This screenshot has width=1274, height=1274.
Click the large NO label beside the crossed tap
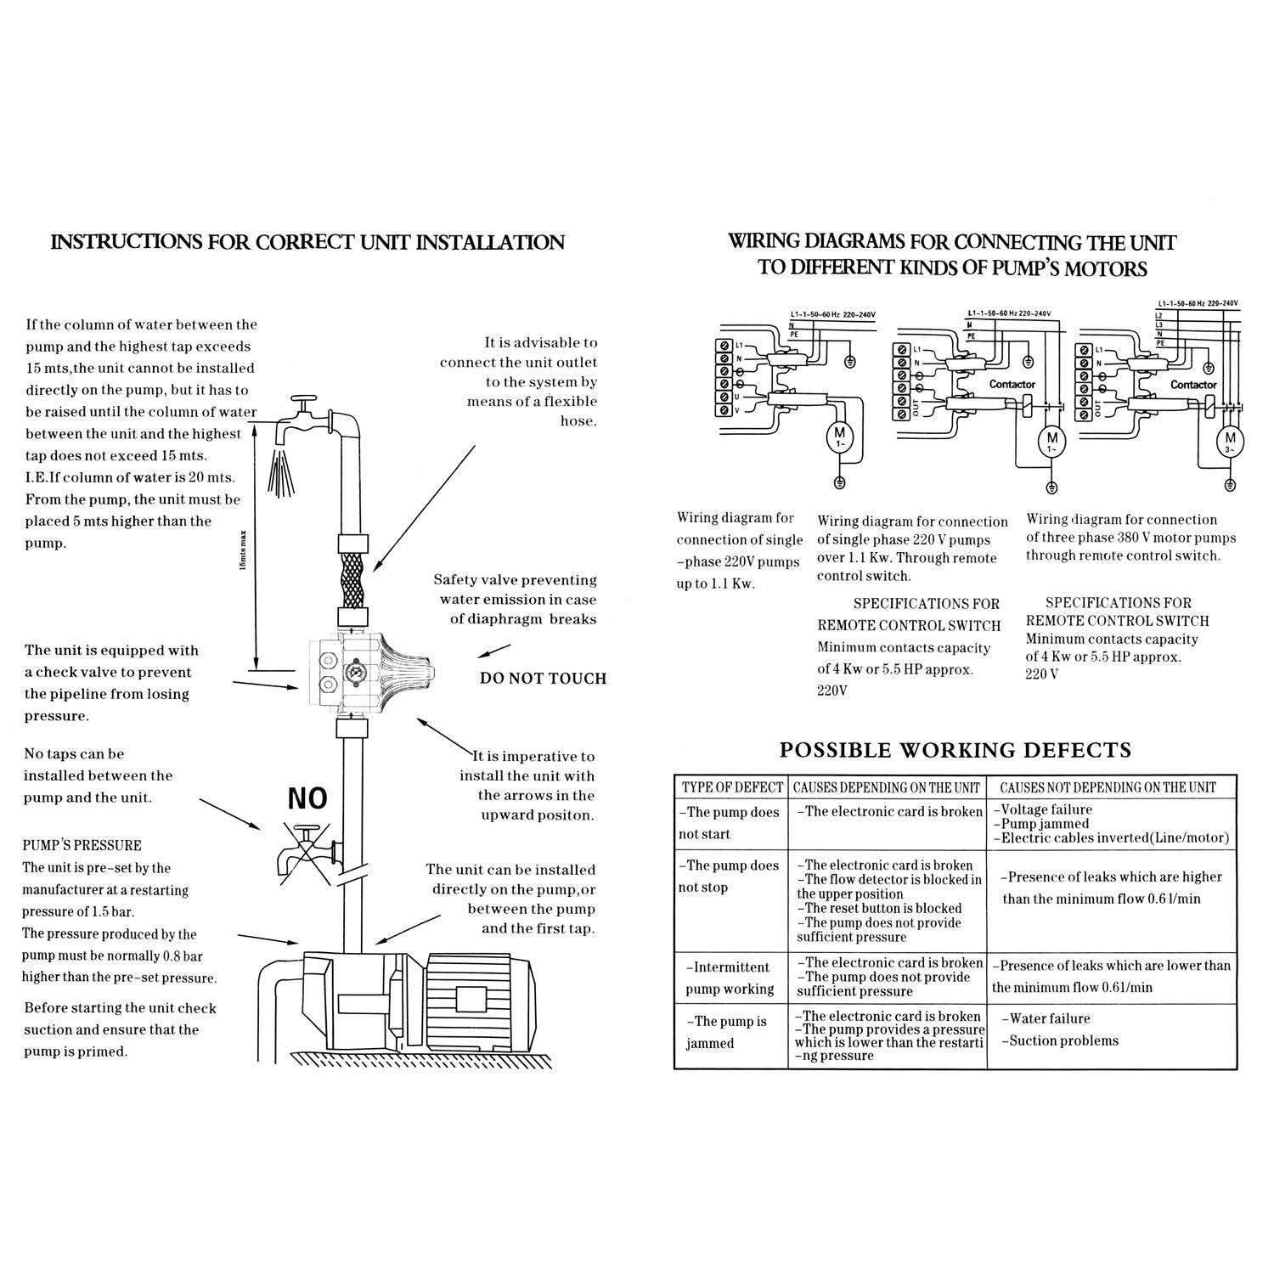(307, 799)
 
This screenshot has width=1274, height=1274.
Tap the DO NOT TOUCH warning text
(543, 678)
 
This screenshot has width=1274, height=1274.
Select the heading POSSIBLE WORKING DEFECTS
(956, 750)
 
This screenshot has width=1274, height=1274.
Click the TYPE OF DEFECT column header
(731, 787)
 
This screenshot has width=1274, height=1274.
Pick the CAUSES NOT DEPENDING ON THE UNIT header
(1108, 787)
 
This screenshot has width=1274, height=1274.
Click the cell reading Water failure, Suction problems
(1063, 1029)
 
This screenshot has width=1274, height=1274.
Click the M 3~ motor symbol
(1231, 441)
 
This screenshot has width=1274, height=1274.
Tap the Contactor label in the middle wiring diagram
(1012, 385)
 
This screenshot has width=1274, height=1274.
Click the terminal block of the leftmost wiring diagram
(724, 378)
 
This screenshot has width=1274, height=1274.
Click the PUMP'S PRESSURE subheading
(82, 845)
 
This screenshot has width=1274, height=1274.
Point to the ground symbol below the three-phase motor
(1231, 486)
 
